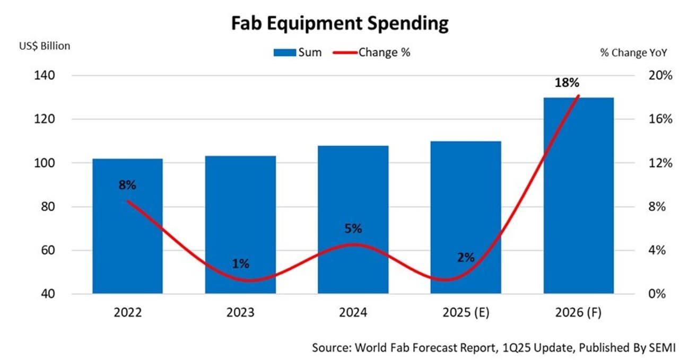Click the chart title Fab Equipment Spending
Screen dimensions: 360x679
coord(339,23)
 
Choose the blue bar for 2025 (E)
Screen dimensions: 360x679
coord(465,201)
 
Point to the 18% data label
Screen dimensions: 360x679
coord(567,83)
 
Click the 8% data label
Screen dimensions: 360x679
coord(127,185)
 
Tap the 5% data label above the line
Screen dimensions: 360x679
coord(353,229)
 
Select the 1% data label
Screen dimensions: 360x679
coord(240,264)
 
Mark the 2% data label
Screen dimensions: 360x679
coord(466,258)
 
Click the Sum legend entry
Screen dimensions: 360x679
coord(298,52)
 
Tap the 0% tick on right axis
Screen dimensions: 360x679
coord(657,294)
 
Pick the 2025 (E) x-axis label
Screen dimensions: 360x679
coord(465,313)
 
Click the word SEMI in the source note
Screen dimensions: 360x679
coord(661,348)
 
